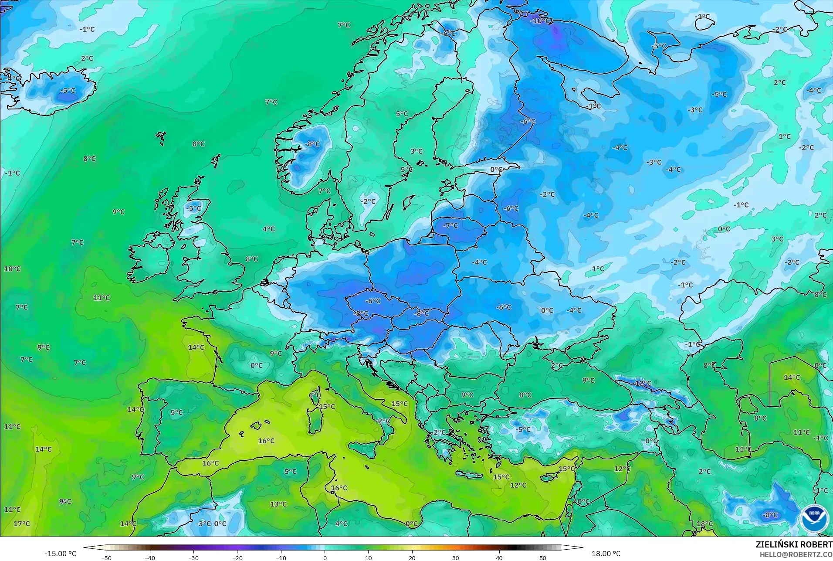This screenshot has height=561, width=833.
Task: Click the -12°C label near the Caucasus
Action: click(642, 384)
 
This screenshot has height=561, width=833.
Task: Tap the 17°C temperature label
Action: click(21, 524)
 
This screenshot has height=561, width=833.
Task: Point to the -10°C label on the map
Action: click(541, 21)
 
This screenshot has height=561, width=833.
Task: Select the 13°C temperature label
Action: click(278, 504)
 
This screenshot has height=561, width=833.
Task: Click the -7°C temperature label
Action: click(450, 226)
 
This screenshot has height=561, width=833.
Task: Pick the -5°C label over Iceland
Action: click(68, 91)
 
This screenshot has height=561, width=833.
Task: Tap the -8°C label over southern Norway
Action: click(312, 144)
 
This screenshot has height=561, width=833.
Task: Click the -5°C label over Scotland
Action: click(194, 208)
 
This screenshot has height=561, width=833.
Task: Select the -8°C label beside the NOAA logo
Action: click(770, 515)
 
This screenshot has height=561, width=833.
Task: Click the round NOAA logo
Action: click(814, 518)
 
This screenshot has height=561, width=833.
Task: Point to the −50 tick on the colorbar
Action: click(106, 558)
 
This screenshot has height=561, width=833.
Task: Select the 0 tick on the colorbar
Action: click(325, 558)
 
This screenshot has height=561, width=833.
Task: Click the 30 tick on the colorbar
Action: click(456, 558)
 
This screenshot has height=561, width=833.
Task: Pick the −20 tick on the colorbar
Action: click(237, 558)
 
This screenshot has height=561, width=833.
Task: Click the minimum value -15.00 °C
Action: click(60, 554)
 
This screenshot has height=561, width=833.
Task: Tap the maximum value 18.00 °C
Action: click(606, 554)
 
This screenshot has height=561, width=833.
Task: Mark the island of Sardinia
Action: click(314, 421)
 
